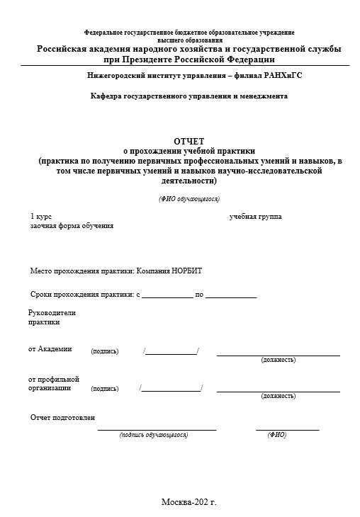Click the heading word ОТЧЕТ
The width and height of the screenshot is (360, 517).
[189, 141]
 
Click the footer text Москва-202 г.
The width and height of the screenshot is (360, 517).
[189, 502]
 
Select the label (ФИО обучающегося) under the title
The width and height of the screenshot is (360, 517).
[189, 199]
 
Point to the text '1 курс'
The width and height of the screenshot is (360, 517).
[41, 216]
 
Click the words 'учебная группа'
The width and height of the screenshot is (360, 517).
[255, 216]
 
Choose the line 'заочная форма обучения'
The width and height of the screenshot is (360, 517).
[72, 225]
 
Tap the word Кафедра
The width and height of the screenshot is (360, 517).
[108, 96]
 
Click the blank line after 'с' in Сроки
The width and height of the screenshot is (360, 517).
[167, 295]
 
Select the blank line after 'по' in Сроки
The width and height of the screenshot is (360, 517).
[231, 295]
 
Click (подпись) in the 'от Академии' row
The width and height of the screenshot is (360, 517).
[105, 351]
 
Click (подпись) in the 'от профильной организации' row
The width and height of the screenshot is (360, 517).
[105, 389]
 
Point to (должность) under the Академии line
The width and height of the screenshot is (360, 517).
[279, 360]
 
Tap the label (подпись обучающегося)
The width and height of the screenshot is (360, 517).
[154, 435]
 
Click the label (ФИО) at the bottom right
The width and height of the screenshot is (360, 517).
[276, 435]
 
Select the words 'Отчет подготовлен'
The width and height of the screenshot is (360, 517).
[62, 418]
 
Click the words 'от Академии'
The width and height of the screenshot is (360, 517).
[50, 348]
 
